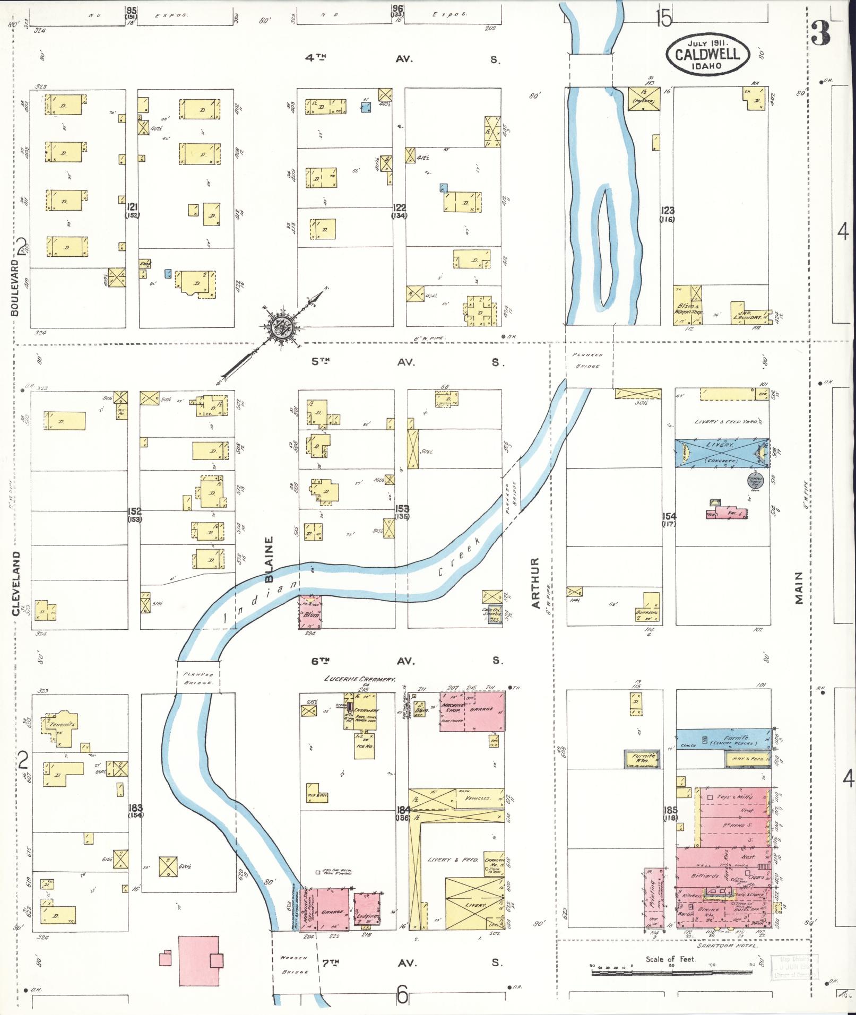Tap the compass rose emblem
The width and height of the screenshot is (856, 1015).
point(280,328)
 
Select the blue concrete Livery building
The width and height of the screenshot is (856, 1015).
point(721,453)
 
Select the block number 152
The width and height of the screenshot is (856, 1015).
point(134,511)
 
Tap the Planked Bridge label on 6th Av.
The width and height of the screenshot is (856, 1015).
point(197,678)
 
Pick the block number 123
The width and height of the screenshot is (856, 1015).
point(667,211)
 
